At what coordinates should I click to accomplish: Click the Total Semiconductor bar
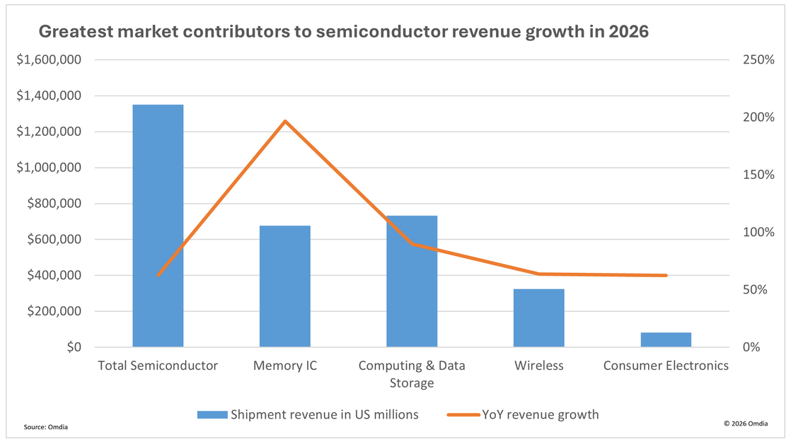[158, 226]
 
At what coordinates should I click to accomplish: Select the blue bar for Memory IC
[284, 286]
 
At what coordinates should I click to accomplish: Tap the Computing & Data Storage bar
[412, 281]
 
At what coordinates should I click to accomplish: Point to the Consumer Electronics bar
[666, 339]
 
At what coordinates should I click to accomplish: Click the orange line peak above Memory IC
[285, 121]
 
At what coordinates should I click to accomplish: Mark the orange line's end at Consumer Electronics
[666, 275]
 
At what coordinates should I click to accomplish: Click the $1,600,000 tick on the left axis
[50, 60]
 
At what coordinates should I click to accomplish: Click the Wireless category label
[539, 366]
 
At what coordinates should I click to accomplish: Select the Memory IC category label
[285, 366]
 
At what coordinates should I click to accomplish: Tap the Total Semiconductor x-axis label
[157, 366]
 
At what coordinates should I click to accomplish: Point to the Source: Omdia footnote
[47, 427]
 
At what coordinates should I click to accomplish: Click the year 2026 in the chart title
[628, 32]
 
